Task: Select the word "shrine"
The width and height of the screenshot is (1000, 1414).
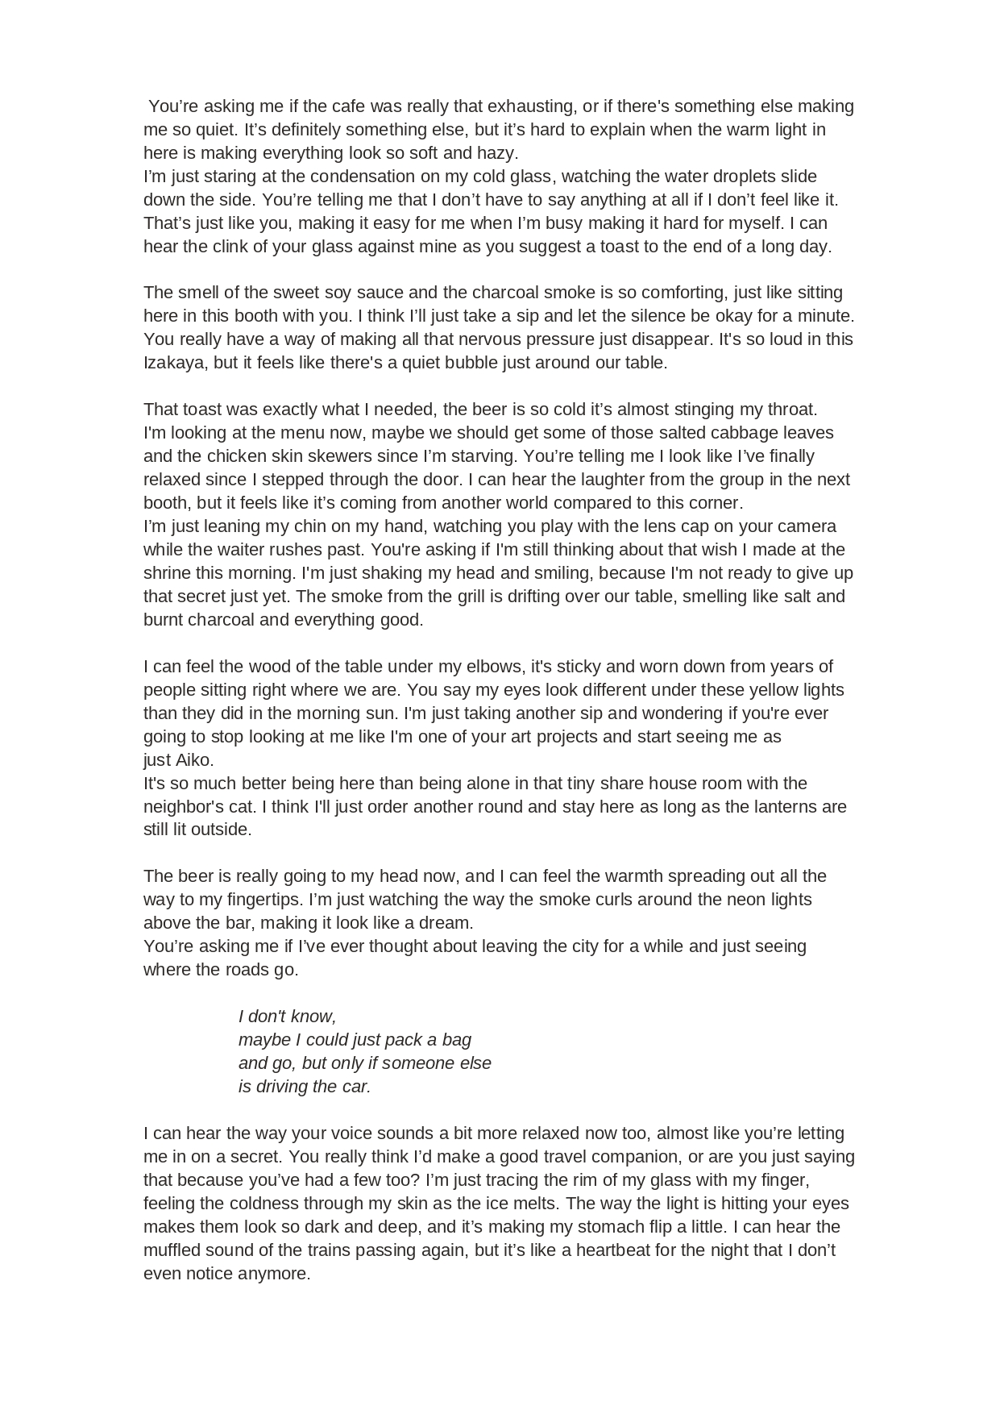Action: (x=167, y=573)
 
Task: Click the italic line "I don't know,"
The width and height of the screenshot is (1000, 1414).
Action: (x=287, y=1017)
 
